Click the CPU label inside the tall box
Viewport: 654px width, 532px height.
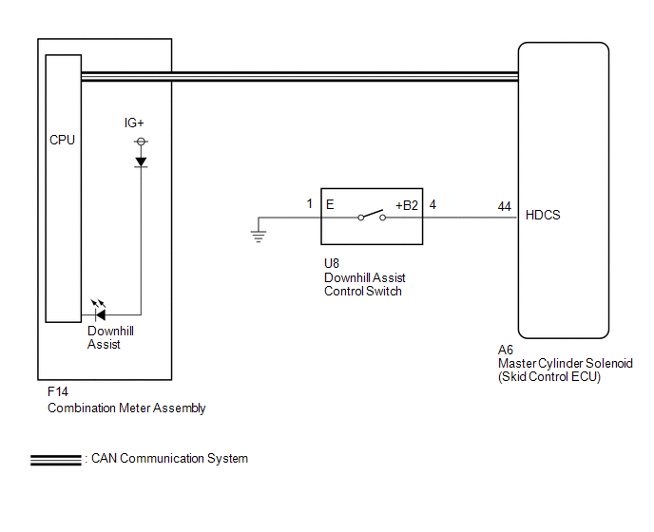coord(62,140)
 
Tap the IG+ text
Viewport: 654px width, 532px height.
coord(134,123)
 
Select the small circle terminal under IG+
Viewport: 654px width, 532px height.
coord(141,142)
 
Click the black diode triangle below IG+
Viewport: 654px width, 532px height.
coord(141,161)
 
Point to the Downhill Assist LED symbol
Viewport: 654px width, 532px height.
coord(99,311)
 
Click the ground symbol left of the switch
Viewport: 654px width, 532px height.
coord(259,236)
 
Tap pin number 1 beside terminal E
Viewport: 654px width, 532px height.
coord(310,203)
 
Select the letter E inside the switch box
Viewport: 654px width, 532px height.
coord(330,204)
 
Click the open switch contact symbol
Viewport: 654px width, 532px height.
coord(372,215)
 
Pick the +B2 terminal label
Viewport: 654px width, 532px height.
coord(407,205)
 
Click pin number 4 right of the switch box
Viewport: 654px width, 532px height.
coord(433,204)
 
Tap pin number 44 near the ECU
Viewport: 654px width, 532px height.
coord(504,206)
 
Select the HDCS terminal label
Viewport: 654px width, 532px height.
coord(543,215)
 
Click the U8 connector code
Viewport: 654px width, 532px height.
coord(332,263)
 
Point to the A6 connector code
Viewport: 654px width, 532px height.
coord(506,350)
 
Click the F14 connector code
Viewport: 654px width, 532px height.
coord(58,392)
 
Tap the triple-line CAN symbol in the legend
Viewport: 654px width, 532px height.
coord(56,461)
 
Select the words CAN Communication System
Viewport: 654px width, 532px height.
coord(169,459)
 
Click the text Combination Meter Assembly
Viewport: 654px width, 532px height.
coord(126,408)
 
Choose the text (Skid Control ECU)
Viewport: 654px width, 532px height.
coord(549,377)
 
